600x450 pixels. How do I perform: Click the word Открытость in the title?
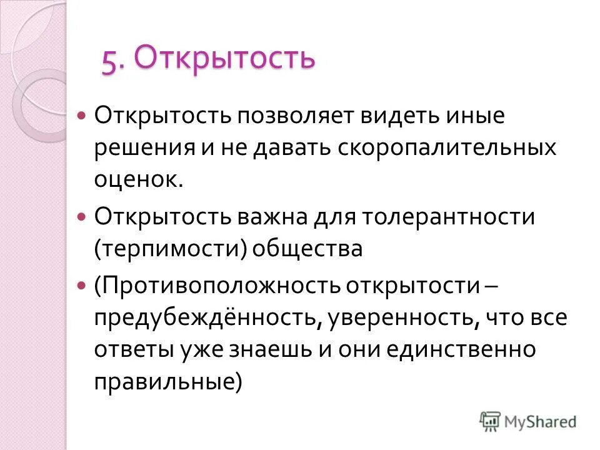click(x=223, y=60)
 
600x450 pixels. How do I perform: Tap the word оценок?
click(x=138, y=180)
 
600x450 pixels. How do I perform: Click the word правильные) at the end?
click(x=167, y=381)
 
